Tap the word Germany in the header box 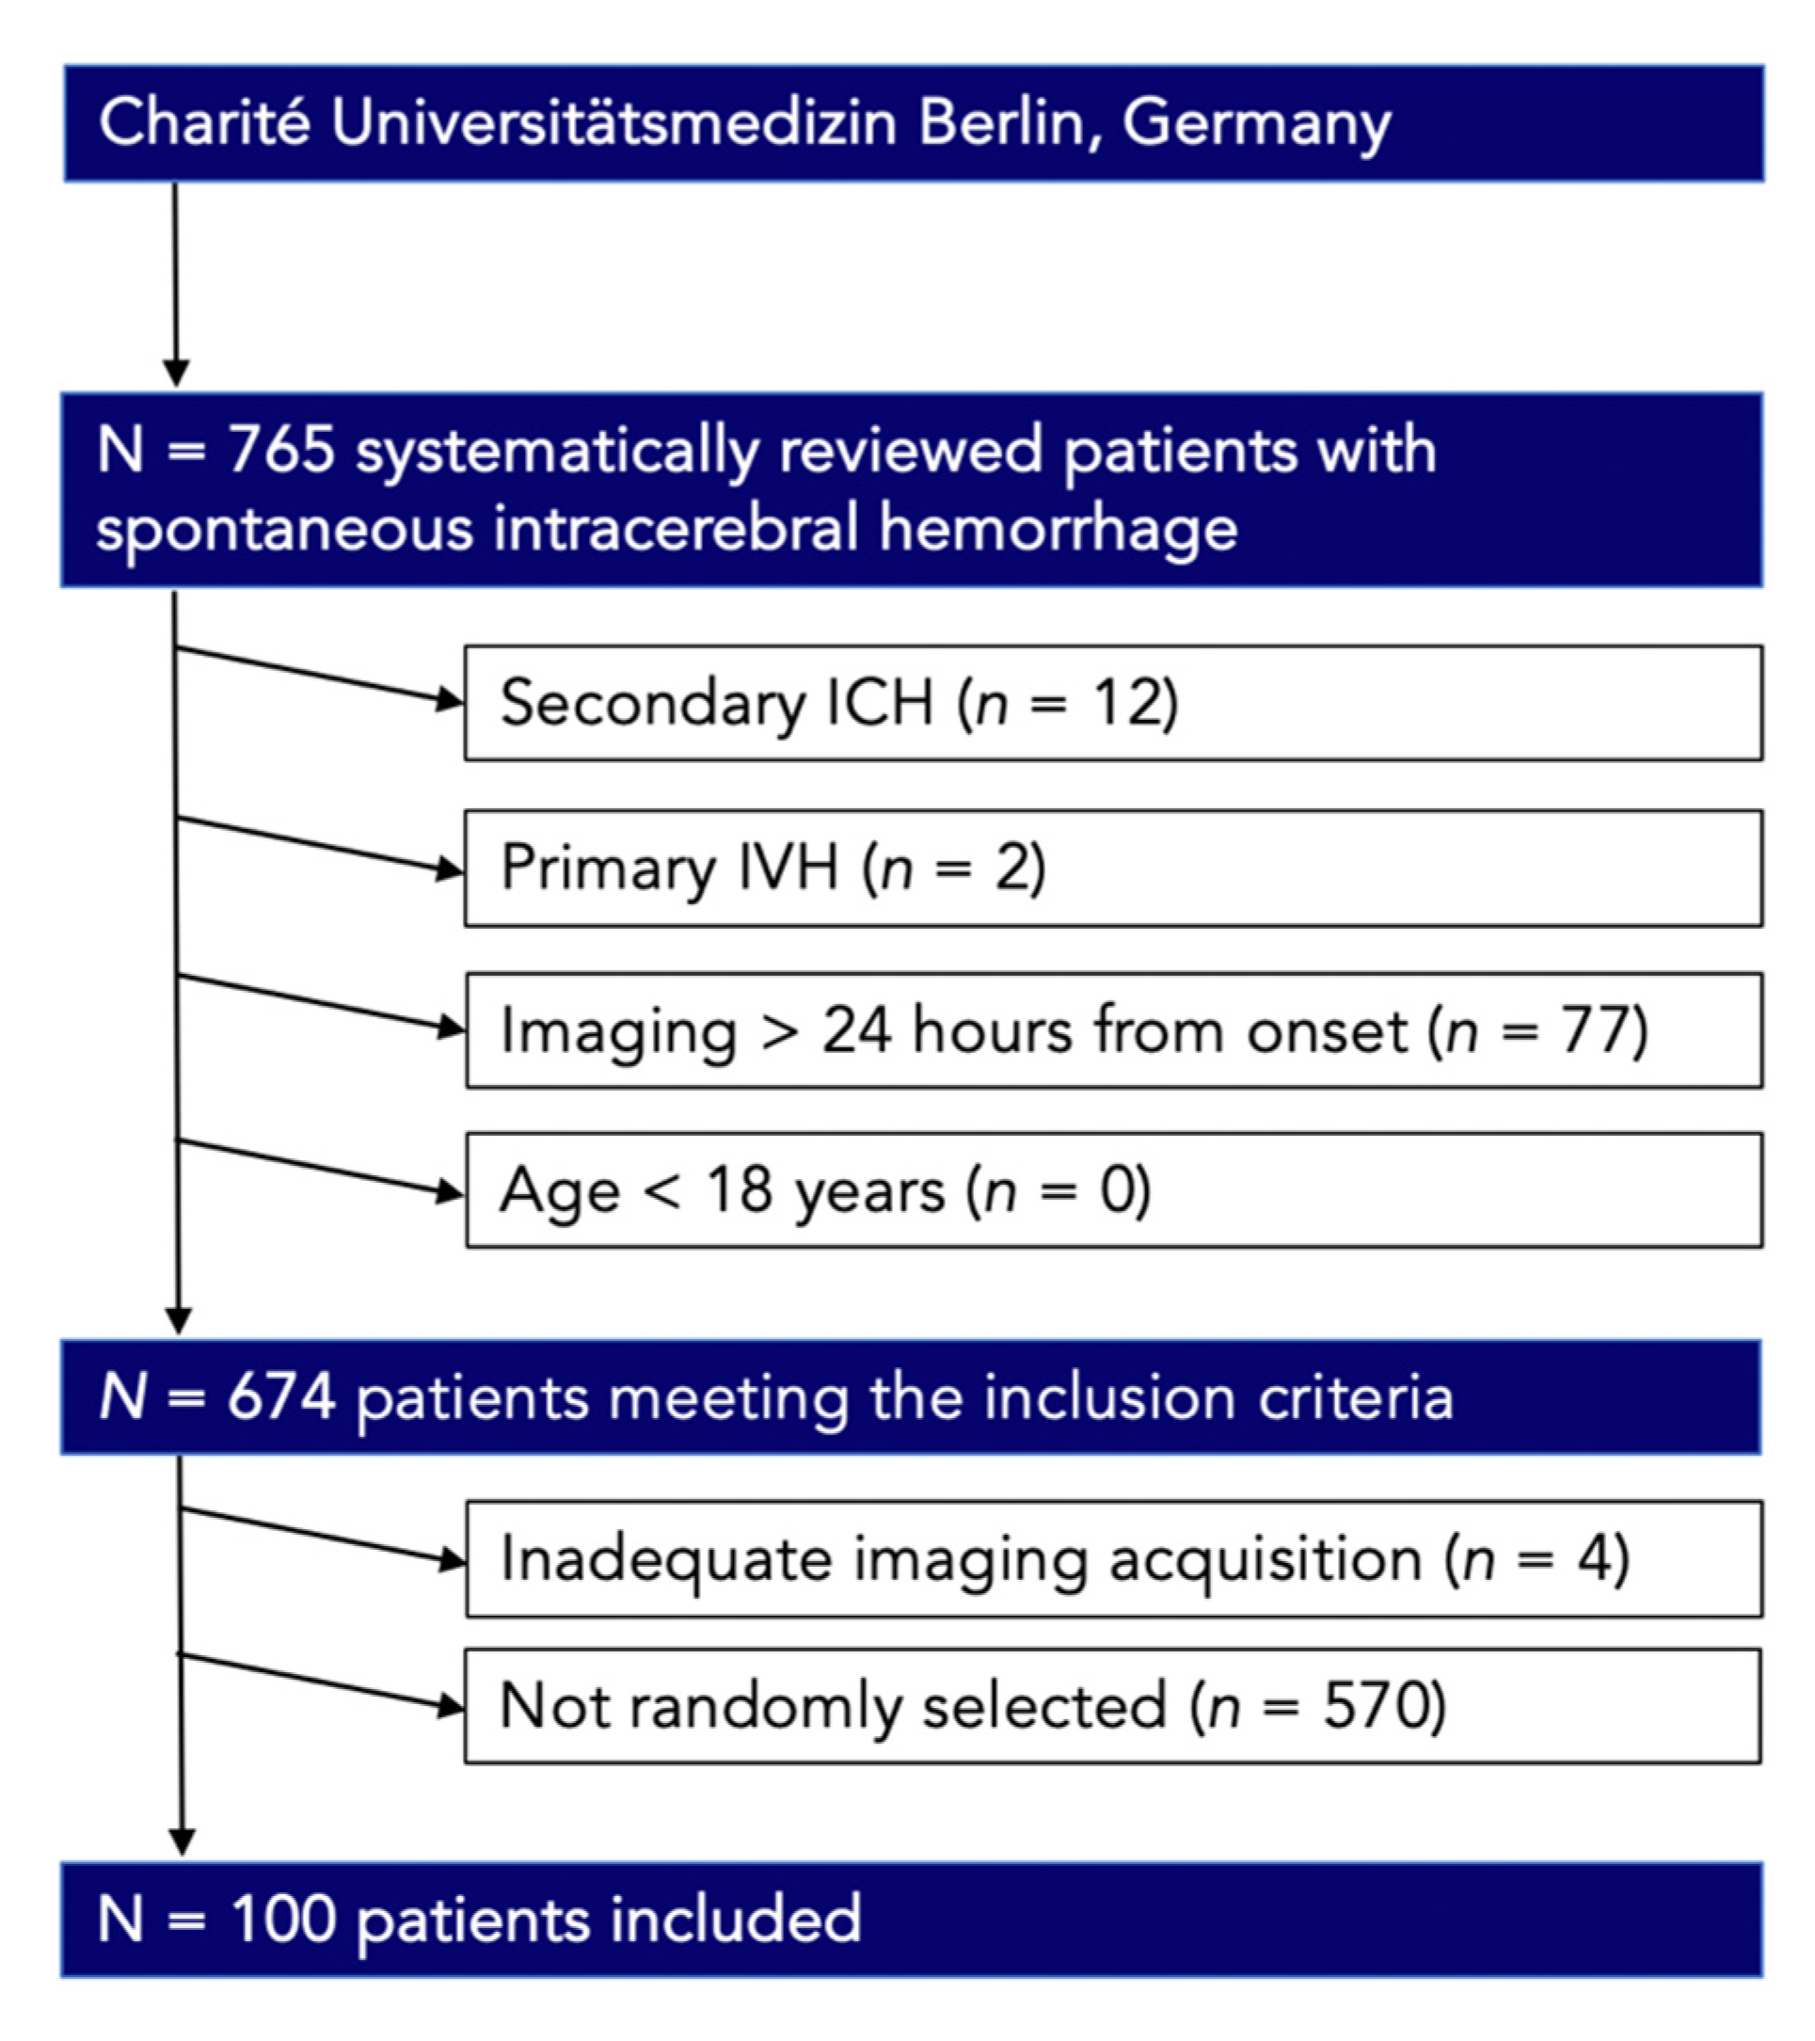[x=1256, y=125]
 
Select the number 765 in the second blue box [x=282, y=450]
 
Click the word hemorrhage [x=1059, y=528]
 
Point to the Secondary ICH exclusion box [x=1112, y=703]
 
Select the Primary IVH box [x=1112, y=868]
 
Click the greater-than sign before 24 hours [x=780, y=1031]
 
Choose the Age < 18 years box [x=1112, y=1189]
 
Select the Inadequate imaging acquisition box [x=1112, y=1558]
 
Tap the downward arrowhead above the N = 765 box [x=176, y=373]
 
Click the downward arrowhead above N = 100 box [x=182, y=1842]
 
